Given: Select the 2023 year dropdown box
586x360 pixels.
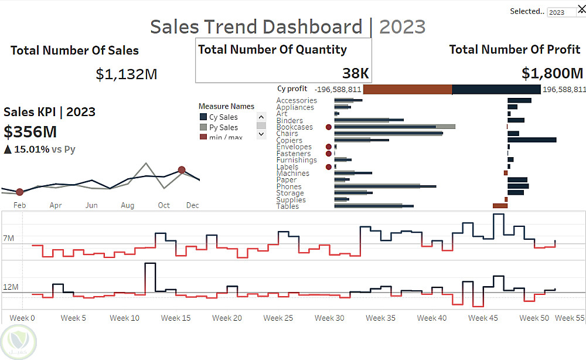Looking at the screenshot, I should coord(561,12).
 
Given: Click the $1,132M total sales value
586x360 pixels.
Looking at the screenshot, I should coord(127,74).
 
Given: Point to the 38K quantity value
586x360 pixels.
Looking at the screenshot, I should coord(356,73).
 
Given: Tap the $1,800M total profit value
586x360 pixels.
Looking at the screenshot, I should coord(552,73).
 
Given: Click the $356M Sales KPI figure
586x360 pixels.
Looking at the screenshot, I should coord(30,131).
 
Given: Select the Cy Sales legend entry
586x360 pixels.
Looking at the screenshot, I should coord(223,117).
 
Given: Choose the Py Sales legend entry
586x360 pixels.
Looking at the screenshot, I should coord(223,127).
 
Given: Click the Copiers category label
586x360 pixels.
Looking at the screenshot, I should coord(289,140).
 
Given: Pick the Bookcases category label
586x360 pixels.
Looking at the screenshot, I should coord(294,127).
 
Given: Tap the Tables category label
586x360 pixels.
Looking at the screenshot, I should coord(287,206).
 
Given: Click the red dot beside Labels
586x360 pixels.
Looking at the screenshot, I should coord(328,167).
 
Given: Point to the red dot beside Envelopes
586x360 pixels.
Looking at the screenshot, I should coord(328,147).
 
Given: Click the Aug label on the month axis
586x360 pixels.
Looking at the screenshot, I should coord(128,205).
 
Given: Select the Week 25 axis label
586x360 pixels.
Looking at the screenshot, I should coord(278,318).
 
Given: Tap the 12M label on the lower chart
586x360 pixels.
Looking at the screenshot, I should coord(11,287).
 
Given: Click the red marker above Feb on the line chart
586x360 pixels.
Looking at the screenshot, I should coord(19,192).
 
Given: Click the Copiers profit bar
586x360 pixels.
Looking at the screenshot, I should coord(532,140).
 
